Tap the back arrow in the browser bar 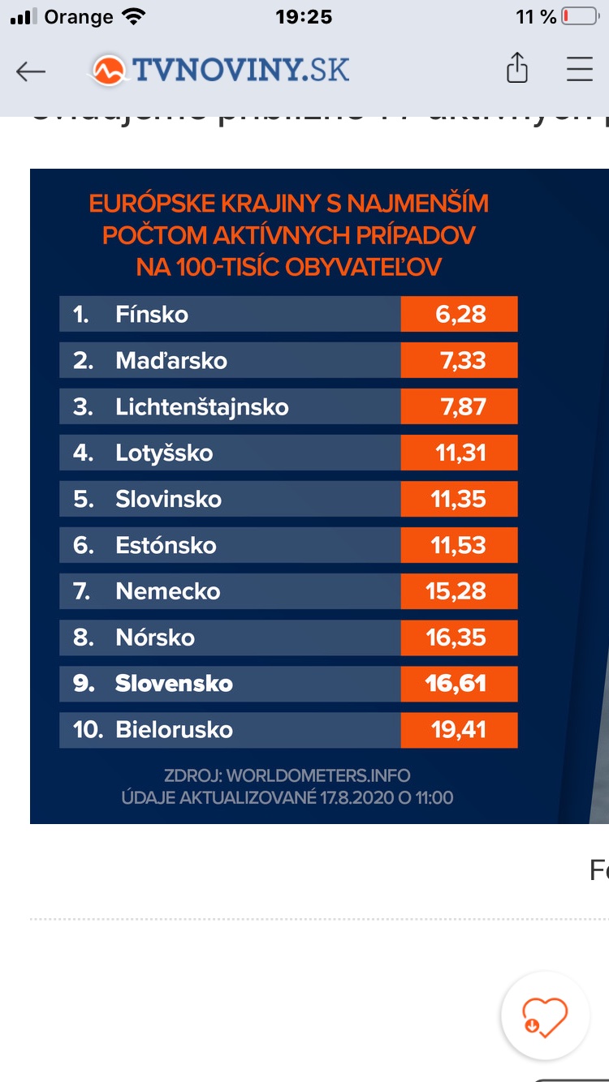point(31,71)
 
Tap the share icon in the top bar point(517,69)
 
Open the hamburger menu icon point(580,69)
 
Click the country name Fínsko point(152,314)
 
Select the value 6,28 point(460,314)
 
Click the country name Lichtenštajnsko point(202,406)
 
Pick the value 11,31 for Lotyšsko point(460,453)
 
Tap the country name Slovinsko point(168,499)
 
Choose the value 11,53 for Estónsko point(459,545)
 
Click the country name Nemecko point(168,591)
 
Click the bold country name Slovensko point(174,684)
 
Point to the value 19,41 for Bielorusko point(459,730)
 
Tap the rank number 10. point(88,730)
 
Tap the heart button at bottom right point(545,1015)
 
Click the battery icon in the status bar point(581,17)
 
